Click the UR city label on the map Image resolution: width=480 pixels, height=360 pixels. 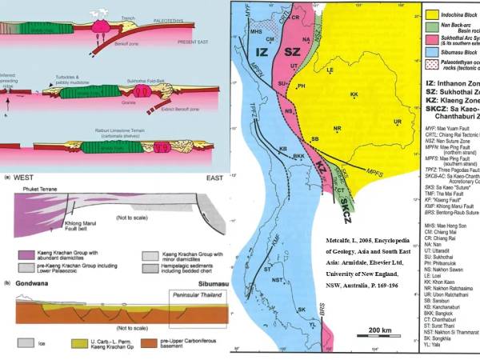397,122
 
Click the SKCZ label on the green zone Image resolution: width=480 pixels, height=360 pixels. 345,206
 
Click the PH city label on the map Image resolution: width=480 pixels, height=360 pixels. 301,86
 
